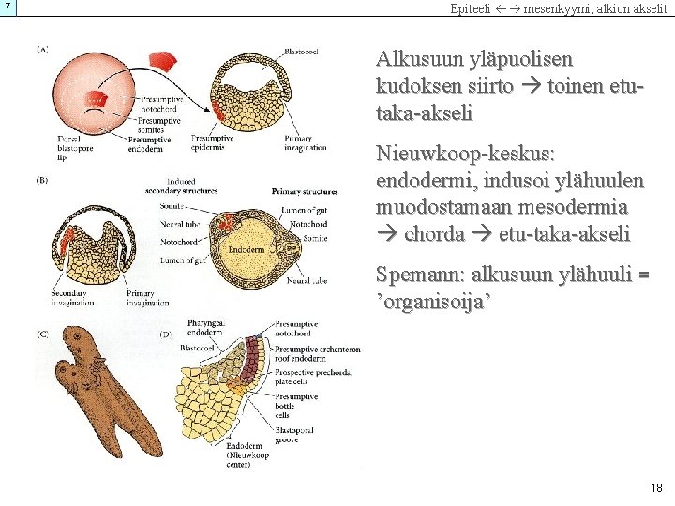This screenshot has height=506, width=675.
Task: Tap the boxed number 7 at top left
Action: pos(8,7)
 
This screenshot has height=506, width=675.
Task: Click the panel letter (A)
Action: pos(43,50)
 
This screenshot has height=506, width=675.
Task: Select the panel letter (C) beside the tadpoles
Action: pos(43,334)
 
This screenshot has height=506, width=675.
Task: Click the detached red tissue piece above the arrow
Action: pos(166,63)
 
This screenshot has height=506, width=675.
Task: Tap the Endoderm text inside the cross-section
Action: pos(245,250)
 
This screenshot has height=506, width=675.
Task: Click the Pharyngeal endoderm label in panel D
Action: pos(204,327)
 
